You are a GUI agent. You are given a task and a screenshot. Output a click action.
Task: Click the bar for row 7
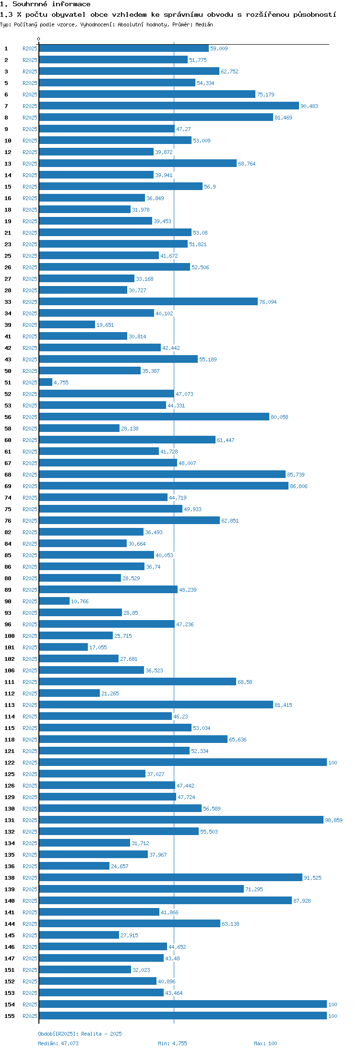click(169, 106)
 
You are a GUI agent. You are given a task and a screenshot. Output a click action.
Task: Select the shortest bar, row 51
click(46, 383)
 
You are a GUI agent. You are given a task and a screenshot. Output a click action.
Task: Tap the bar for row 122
click(183, 763)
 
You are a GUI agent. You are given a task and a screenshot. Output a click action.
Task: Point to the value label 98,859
click(334, 820)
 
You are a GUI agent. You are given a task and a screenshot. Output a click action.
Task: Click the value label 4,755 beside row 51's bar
click(61, 383)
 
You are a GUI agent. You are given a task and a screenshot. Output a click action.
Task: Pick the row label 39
click(8, 325)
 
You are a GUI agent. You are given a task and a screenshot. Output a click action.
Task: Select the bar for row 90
click(54, 601)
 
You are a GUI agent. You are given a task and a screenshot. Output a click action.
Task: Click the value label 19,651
click(105, 325)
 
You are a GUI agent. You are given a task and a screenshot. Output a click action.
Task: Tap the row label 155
click(10, 1016)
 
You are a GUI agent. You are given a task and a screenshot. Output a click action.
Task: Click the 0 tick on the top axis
click(39, 39)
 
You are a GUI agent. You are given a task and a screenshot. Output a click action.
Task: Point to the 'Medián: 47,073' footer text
click(58, 1043)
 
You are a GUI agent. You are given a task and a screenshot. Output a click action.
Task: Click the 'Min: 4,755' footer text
click(172, 1043)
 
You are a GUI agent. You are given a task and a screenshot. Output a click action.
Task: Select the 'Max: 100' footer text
click(265, 1043)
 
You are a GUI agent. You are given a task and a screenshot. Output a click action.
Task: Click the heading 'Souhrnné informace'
click(51, 4)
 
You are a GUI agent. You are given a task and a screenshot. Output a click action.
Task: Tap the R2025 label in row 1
click(30, 48)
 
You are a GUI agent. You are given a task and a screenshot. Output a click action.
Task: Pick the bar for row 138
click(170, 878)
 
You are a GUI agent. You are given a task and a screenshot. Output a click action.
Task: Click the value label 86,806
click(299, 486)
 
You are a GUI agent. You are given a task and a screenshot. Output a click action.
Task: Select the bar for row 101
click(63, 647)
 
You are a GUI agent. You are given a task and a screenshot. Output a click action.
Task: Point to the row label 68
click(8, 475)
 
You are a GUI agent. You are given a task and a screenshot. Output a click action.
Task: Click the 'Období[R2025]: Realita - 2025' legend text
click(80, 1034)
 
